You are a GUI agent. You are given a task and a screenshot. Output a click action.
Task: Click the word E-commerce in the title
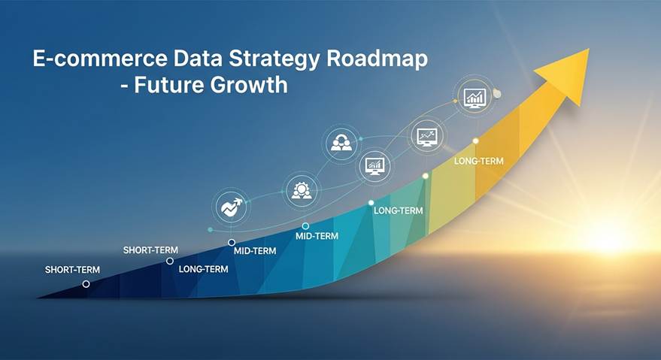click(100, 59)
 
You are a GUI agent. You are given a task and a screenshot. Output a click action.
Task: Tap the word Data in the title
click(197, 59)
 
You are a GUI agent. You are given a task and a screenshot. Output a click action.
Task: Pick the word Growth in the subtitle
click(249, 85)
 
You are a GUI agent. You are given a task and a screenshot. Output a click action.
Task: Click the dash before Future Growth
click(124, 86)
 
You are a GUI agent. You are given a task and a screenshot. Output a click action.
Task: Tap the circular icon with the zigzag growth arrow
click(230, 207)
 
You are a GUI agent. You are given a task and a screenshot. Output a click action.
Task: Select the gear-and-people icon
click(302, 191)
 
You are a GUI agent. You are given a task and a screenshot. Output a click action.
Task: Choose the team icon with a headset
click(341, 144)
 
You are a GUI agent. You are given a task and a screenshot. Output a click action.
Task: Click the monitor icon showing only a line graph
click(427, 137)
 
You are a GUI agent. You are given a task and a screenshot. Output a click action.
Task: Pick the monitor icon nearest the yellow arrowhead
click(475, 98)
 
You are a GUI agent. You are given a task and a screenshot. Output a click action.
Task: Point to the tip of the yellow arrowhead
click(589, 49)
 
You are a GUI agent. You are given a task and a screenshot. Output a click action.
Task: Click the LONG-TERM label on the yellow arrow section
click(478, 161)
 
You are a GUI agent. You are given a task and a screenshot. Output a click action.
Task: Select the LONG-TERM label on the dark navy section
click(203, 269)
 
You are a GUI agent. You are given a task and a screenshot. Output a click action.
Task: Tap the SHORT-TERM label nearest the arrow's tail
click(72, 270)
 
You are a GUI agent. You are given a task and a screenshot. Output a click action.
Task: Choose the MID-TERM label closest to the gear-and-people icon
click(317, 236)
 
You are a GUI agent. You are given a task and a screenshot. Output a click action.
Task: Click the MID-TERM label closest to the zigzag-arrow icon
click(255, 251)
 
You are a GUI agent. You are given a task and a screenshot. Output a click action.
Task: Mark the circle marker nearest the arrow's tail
click(86, 284)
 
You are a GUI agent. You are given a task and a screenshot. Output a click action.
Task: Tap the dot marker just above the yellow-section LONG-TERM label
click(475, 141)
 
